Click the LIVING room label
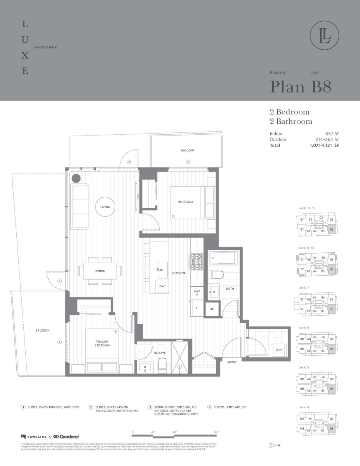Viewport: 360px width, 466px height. tap(105, 207)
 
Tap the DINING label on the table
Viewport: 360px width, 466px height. tap(99, 271)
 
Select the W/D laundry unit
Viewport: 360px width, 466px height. tap(279, 350)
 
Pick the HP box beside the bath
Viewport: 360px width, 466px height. tap(212, 309)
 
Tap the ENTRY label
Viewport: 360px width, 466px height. tap(232, 362)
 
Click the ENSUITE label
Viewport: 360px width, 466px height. tap(160, 353)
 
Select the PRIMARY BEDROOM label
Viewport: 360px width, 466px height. tap(102, 343)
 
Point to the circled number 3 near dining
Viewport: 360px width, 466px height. tap(59, 281)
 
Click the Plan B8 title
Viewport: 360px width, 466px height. tap(301, 87)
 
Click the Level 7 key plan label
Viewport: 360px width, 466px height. tap(304, 287)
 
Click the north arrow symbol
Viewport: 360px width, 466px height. tap(272, 445)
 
